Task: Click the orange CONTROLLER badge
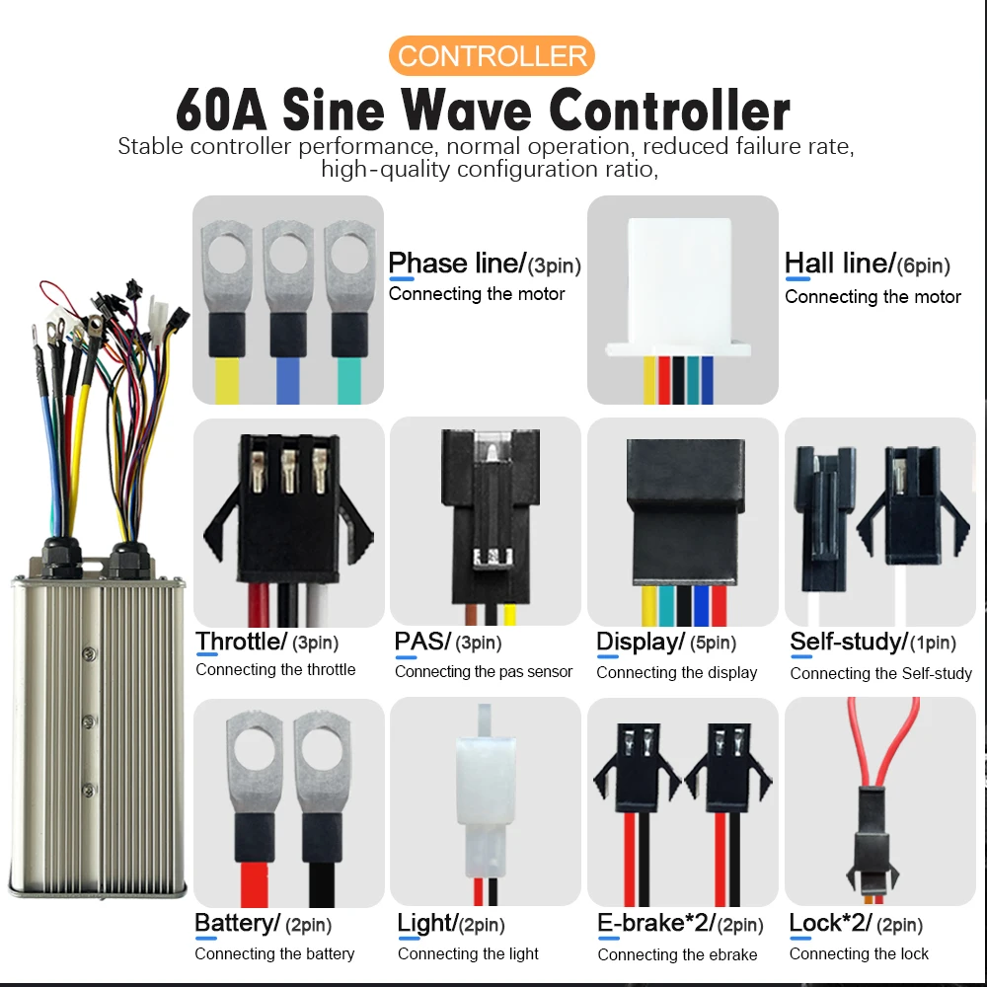click(x=492, y=55)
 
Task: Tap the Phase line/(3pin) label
click(x=484, y=264)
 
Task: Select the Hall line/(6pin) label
click(x=867, y=265)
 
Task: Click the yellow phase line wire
click(x=226, y=380)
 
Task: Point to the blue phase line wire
click(x=287, y=380)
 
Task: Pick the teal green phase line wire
click(x=348, y=380)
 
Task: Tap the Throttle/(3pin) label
click(x=266, y=643)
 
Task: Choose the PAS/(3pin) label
click(x=447, y=643)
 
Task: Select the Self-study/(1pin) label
click(x=873, y=643)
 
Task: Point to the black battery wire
click(x=316, y=869)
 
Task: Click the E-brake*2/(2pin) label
click(x=680, y=924)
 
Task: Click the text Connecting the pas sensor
click(x=484, y=672)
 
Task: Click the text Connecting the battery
click(x=274, y=954)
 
